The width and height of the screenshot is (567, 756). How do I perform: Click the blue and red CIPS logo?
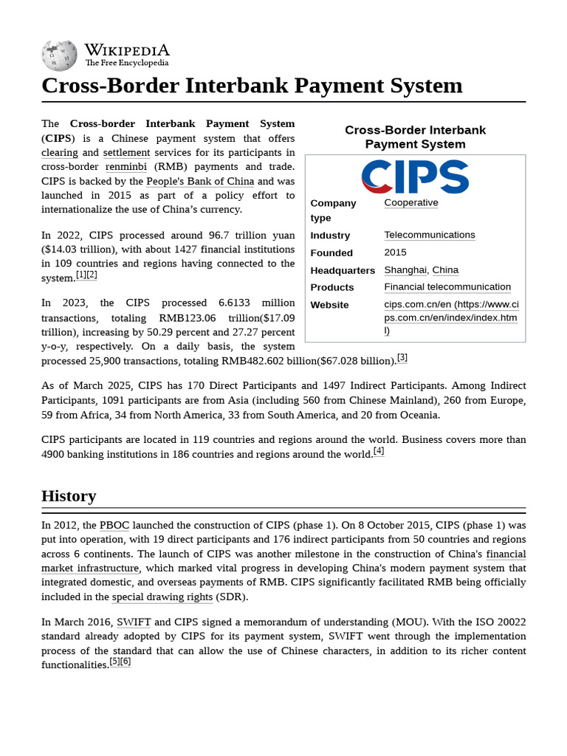click(415, 176)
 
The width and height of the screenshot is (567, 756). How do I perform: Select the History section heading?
click(69, 495)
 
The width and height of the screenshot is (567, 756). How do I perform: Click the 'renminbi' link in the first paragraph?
click(127, 167)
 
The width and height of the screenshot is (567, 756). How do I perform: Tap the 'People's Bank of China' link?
click(200, 181)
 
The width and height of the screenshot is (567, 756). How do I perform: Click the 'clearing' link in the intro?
click(60, 153)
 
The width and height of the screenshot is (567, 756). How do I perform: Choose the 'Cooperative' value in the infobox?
click(411, 203)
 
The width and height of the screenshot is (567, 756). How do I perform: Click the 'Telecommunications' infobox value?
click(430, 235)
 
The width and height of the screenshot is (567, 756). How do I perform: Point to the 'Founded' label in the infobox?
click(331, 252)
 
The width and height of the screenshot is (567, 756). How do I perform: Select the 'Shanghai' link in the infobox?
click(405, 270)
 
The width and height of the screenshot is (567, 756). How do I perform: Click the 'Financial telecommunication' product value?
click(447, 287)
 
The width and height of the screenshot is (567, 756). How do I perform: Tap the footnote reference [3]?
click(402, 358)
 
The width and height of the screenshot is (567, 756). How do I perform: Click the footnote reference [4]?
click(379, 451)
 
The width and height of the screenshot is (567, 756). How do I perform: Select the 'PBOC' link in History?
click(114, 526)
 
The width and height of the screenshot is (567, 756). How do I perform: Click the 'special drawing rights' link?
click(162, 597)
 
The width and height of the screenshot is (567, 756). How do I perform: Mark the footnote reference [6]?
click(126, 661)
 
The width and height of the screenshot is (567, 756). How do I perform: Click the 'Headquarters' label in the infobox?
click(343, 270)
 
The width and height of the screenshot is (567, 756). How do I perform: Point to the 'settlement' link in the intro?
click(126, 153)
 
